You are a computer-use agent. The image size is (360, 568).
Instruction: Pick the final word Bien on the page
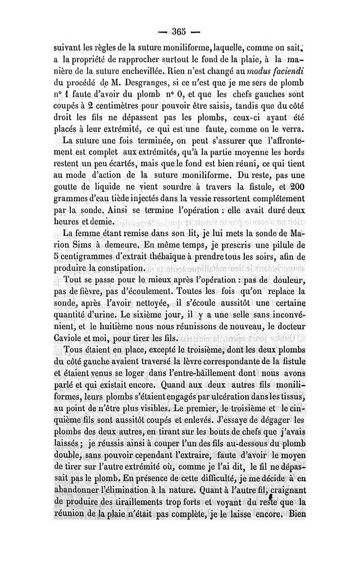(x=297, y=514)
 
